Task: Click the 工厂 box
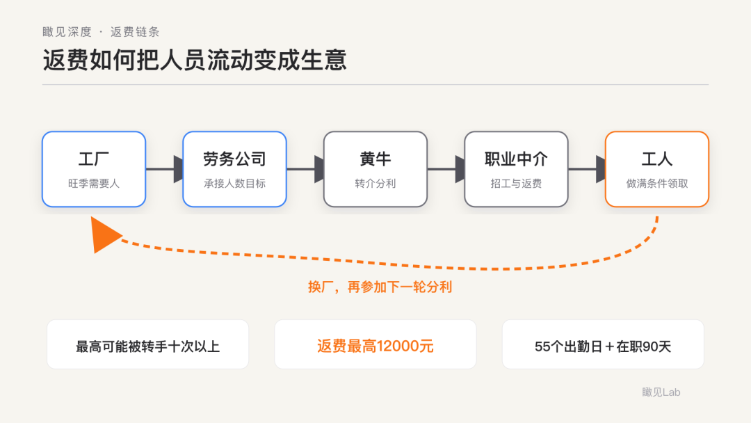(94, 169)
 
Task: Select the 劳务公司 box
(235, 169)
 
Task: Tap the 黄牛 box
(375, 169)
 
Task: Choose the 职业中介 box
(516, 169)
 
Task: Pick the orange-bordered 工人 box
(657, 169)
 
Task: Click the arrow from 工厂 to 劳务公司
(164, 169)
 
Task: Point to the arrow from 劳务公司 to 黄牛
(305, 169)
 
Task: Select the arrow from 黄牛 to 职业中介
(446, 169)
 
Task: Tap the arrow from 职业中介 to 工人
(587, 169)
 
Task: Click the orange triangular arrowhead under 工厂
(104, 234)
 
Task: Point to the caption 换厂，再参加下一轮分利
(380, 287)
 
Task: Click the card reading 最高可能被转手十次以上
(147, 344)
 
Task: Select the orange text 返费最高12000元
(375, 346)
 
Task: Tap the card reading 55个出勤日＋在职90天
(603, 344)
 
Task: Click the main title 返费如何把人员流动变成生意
(195, 61)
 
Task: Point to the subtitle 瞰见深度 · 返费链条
(101, 32)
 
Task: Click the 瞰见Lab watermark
(661, 392)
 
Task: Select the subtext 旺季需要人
(94, 184)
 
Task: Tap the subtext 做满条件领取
(657, 184)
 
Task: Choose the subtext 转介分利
(375, 184)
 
